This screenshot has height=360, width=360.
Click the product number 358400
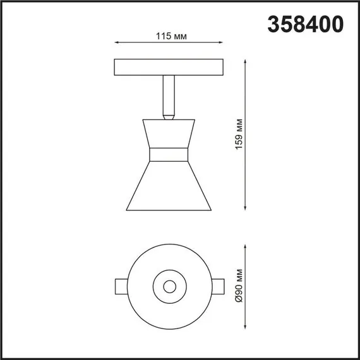(x=306, y=24)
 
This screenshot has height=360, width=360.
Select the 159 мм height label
(x=237, y=134)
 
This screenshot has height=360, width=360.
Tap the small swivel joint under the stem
(x=169, y=115)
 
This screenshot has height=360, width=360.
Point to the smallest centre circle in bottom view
(x=169, y=286)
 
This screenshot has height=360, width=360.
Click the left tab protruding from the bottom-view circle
(x=121, y=285)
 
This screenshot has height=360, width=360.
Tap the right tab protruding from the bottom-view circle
(x=217, y=285)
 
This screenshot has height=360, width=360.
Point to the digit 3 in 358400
(x=275, y=24)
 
